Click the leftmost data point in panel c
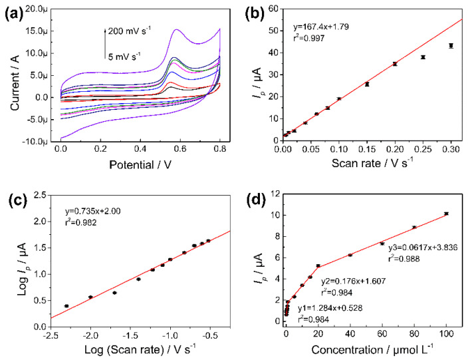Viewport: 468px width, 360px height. (66, 306)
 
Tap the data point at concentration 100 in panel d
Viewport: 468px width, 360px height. (446, 214)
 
